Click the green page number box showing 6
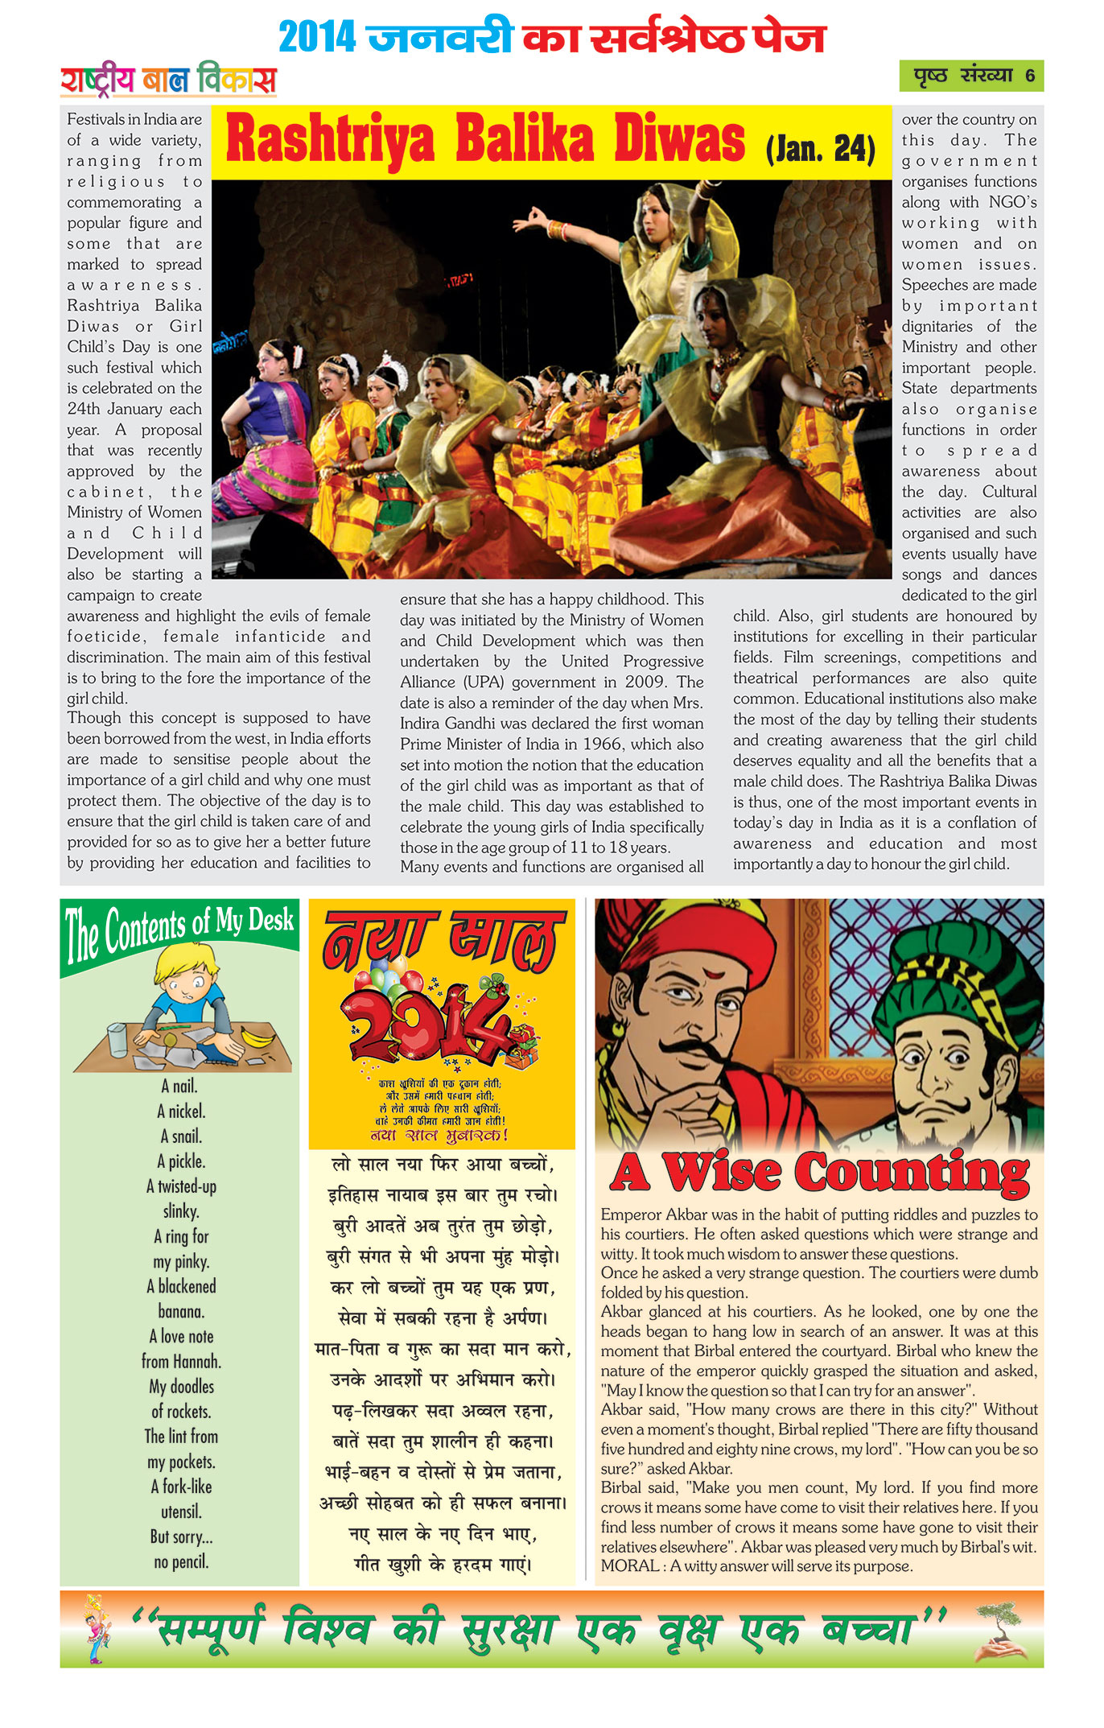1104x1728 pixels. coord(970,76)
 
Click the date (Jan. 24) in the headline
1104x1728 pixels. coord(820,149)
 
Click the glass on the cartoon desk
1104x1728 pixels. coord(117,1039)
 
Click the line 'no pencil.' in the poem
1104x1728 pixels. coord(181,1562)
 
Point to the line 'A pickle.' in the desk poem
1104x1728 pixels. coord(181,1161)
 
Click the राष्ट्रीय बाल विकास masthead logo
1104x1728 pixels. coord(168,80)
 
